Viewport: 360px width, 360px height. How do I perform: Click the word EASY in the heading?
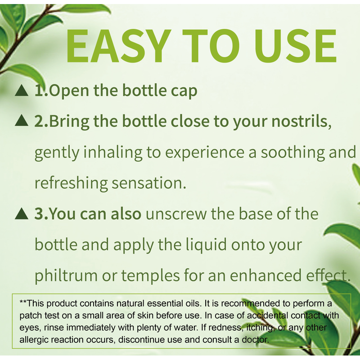(119, 46)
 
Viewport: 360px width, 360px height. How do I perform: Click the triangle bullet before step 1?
(22, 90)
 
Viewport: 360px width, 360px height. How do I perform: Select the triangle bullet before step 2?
(22, 120)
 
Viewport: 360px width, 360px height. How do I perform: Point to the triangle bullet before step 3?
(22, 213)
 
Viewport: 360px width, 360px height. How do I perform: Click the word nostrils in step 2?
(301, 121)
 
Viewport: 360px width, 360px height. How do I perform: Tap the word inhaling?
(112, 153)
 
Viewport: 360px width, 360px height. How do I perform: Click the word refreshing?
(71, 184)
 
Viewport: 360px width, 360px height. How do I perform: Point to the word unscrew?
(176, 214)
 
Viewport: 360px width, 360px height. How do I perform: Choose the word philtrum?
(66, 276)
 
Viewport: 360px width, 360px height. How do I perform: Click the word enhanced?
(265, 275)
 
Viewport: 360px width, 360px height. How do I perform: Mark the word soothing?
(293, 153)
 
